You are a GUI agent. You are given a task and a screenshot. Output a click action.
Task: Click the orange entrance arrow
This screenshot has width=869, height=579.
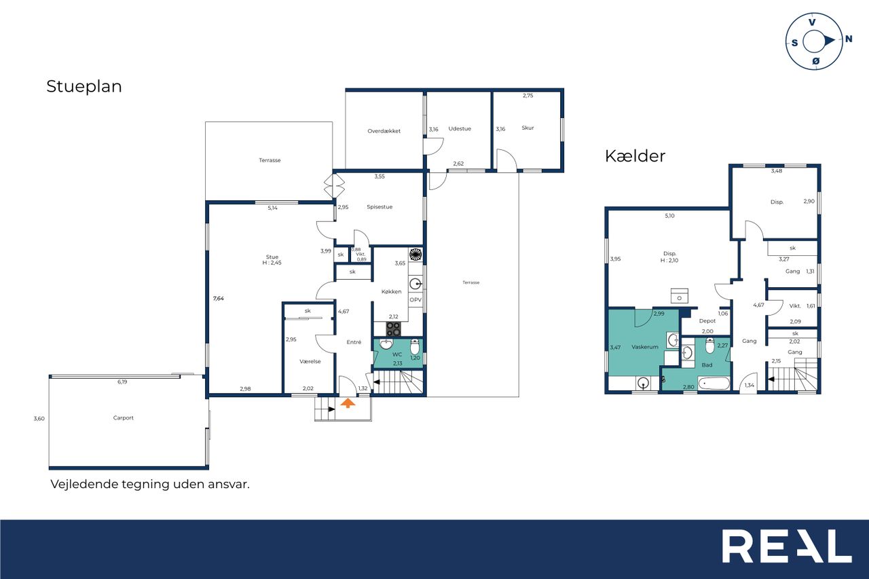348,403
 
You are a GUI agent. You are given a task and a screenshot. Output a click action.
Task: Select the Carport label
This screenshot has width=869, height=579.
123,417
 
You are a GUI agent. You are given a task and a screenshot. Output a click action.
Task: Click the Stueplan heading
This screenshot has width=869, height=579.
84,86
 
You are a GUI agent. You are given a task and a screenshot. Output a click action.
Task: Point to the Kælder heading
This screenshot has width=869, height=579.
635,156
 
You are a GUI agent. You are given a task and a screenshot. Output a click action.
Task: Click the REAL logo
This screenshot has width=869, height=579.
787,546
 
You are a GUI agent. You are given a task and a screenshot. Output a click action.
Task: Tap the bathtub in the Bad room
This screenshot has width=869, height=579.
714,384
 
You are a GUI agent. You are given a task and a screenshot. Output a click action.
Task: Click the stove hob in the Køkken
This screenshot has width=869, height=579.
393,329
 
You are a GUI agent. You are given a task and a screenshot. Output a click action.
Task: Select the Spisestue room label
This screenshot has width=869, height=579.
380,207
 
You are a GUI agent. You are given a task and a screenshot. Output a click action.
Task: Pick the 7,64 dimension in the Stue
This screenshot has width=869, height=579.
219,298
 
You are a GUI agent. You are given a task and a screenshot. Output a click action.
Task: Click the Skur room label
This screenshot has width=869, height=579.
528,128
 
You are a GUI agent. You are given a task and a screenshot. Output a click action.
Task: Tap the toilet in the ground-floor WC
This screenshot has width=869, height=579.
415,346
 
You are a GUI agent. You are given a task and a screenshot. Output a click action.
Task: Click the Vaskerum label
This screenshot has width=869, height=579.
645,347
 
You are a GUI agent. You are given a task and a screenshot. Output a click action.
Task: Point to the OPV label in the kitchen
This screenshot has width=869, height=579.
415,300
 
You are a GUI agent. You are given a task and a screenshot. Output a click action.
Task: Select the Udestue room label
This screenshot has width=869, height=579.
460,129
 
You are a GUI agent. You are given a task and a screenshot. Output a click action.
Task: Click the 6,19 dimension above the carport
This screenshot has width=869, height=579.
122,382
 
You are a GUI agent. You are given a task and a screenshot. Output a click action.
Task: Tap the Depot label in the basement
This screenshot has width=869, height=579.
707,321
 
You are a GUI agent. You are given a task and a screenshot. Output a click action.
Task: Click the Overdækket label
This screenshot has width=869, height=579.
384,131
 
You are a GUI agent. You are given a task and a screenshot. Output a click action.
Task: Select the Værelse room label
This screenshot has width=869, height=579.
310,361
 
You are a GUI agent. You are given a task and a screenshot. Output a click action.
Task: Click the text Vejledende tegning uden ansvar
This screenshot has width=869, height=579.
150,485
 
